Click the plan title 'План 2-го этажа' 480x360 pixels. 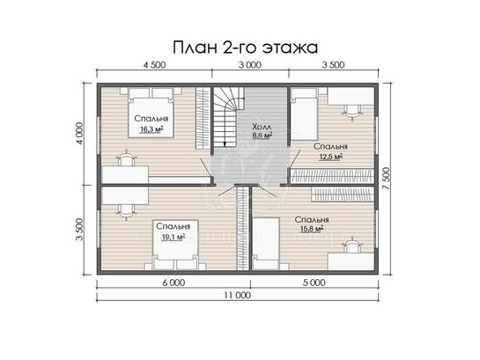coord(245,48)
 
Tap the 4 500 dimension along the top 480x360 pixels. coord(155,65)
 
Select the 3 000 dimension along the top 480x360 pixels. coord(250,65)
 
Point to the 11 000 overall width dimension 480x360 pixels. coord(237,295)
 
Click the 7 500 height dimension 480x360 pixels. coord(387,179)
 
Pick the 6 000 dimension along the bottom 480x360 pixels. coord(174,283)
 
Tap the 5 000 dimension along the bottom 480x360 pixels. coord(314,283)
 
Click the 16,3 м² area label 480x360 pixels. coord(151,129)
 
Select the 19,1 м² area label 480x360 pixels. coord(174,237)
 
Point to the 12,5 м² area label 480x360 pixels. coord(331,157)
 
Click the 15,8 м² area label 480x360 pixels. coord(313,229)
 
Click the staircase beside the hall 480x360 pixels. coord(229,117)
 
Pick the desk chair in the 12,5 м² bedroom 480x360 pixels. coord(352,113)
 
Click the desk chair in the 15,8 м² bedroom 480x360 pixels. coord(352,245)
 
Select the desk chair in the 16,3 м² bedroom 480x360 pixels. coord(126,158)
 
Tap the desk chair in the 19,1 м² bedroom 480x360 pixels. coord(126,210)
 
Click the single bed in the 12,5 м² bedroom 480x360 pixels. coord(303,114)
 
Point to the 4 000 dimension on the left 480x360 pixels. coord(79,134)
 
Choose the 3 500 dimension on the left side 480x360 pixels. coord(79,230)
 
